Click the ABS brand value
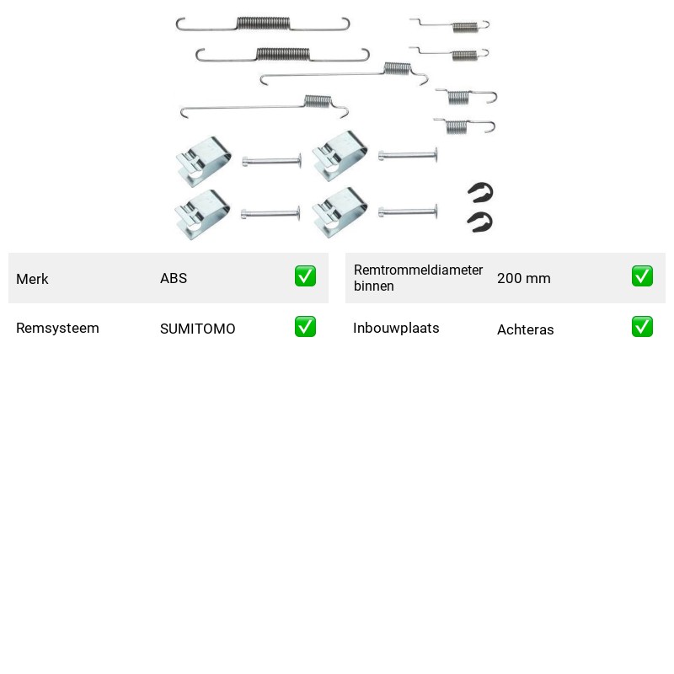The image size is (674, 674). click(x=174, y=278)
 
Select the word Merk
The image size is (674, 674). click(x=32, y=279)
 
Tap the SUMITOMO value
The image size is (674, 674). click(x=197, y=329)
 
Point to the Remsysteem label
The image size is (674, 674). click(x=57, y=328)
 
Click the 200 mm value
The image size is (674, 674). click(x=523, y=278)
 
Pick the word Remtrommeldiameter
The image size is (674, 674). click(x=418, y=270)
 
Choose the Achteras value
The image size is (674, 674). click(x=525, y=329)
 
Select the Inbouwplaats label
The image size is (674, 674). click(x=396, y=328)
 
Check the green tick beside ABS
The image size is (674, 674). click(x=305, y=276)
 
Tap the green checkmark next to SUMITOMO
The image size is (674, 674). click(x=305, y=327)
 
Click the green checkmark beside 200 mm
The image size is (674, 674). click(x=642, y=276)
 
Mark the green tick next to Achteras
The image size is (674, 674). click(x=642, y=327)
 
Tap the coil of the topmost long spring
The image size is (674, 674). click(x=263, y=24)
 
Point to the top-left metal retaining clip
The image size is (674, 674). click(x=204, y=162)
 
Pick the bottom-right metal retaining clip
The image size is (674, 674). click(x=340, y=212)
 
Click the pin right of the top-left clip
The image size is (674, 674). click(x=271, y=161)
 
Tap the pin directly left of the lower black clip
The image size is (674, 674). click(x=408, y=211)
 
